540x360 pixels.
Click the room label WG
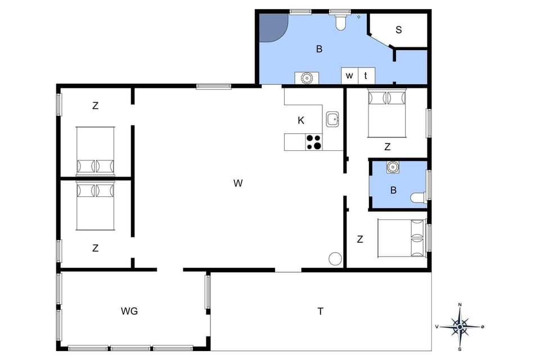click(129, 311)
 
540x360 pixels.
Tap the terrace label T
click(321, 311)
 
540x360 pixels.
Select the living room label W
click(238, 183)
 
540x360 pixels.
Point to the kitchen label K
click(301, 120)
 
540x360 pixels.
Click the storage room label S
click(398, 30)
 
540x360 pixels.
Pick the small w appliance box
click(349, 75)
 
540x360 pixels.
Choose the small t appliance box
click(366, 75)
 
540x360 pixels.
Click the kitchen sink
click(332, 119)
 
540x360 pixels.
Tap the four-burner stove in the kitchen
click(314, 142)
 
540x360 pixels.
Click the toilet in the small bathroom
click(418, 197)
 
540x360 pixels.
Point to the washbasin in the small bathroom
click(392, 166)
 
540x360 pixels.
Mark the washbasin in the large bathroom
click(307, 78)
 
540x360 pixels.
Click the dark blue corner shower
click(272, 26)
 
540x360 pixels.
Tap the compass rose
click(460, 326)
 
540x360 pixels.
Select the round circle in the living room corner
click(335, 258)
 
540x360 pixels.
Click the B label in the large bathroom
click(319, 49)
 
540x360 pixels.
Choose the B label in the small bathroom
click(393, 190)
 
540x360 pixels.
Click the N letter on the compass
click(460, 305)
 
